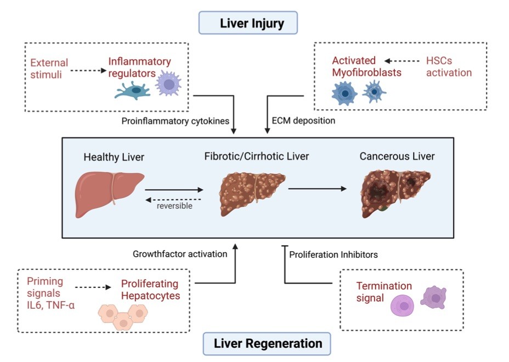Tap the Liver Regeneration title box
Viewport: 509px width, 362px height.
click(x=267, y=343)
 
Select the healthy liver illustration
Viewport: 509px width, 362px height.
click(x=109, y=193)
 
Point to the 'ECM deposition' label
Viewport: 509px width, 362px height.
click(x=303, y=121)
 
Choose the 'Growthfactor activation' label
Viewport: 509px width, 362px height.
click(x=179, y=254)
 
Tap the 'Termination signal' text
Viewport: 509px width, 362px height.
click(x=384, y=292)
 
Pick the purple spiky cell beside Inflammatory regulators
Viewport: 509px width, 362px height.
click(x=169, y=86)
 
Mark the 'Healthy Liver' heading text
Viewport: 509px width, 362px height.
click(x=114, y=157)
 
